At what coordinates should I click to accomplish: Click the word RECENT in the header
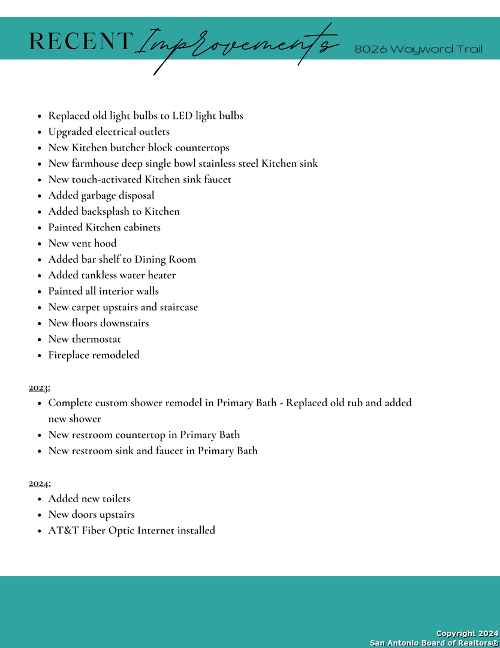click(80, 41)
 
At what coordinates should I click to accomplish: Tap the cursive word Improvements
click(237, 45)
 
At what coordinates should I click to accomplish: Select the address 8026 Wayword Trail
click(418, 49)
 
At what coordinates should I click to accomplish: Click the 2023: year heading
click(40, 387)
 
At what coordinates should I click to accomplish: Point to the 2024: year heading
click(40, 483)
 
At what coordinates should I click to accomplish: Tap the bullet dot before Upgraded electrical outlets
click(39, 132)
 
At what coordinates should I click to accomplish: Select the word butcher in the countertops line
click(129, 148)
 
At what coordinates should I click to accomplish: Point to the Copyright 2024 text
click(467, 634)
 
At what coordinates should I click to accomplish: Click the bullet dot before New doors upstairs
click(39, 515)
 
